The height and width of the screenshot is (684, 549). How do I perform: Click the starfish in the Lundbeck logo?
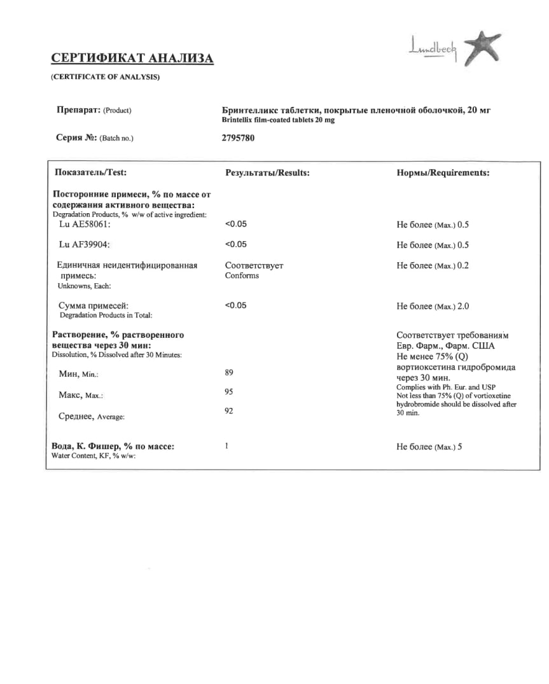point(481,47)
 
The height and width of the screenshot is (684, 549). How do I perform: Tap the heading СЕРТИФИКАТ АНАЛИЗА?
point(132,59)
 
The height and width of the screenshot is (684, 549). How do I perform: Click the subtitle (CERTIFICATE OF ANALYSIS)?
point(105,77)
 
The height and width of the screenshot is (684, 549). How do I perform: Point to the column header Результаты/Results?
point(267,172)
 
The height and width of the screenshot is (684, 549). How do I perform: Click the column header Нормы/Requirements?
point(443,172)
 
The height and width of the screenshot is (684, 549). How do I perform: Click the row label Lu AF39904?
point(85,245)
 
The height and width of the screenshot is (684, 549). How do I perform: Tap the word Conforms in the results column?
point(242,276)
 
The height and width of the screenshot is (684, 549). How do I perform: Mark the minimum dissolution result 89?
point(229,372)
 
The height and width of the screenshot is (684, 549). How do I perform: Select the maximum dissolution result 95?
point(229,392)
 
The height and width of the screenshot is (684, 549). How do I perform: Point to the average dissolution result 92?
point(229,411)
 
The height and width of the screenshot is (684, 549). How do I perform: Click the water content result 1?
point(227,446)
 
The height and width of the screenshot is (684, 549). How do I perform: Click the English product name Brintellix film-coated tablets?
point(278,120)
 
